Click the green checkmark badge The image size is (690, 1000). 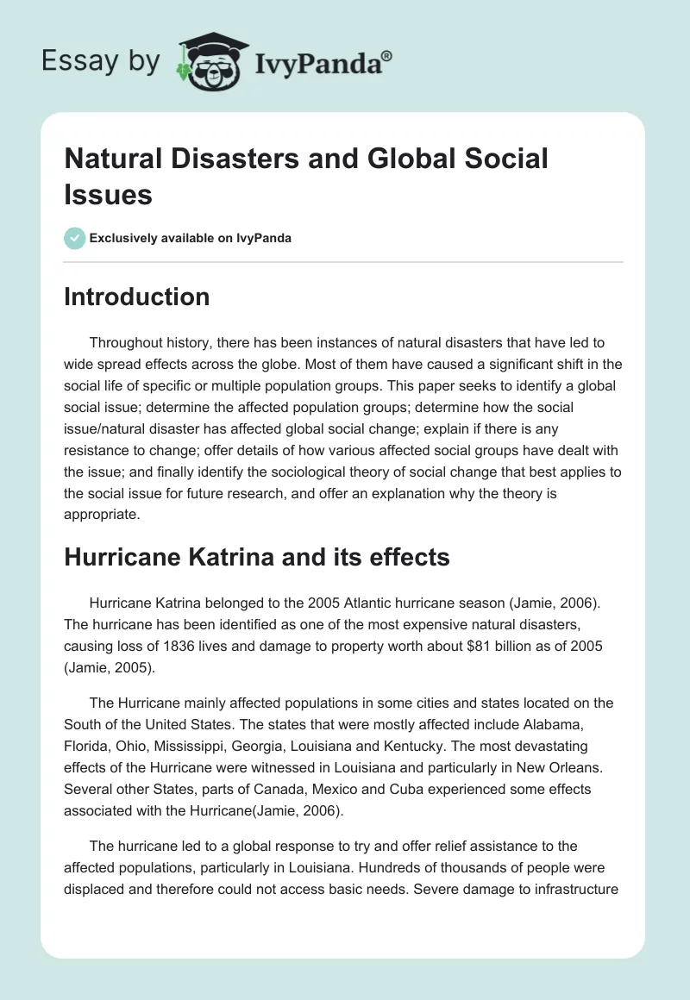tap(75, 238)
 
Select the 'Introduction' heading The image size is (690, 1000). tap(137, 297)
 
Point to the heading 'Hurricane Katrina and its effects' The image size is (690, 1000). tap(257, 557)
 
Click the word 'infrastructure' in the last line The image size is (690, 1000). tap(575, 889)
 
